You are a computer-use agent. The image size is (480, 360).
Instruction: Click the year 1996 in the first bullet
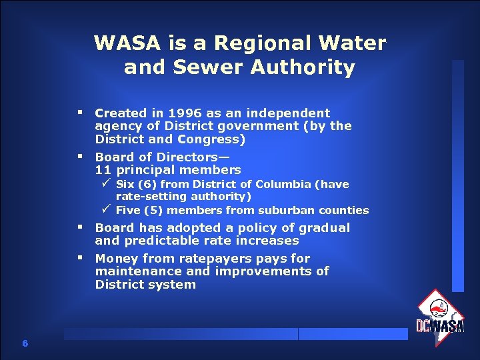[x=182, y=113]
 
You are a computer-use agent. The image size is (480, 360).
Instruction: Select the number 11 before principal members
[x=103, y=170]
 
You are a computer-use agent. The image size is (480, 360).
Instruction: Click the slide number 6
[x=25, y=343]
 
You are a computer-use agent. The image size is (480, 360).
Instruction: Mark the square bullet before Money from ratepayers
[x=79, y=257]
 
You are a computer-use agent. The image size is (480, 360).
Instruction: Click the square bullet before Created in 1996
[x=79, y=111]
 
